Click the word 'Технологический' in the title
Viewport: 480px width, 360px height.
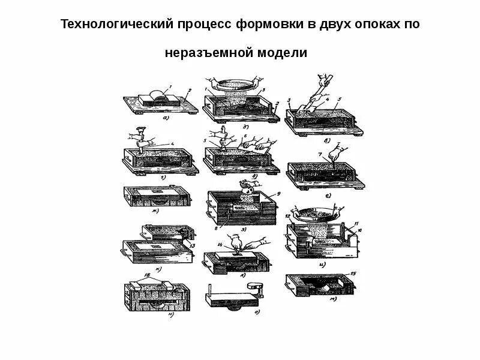[x=112, y=25]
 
